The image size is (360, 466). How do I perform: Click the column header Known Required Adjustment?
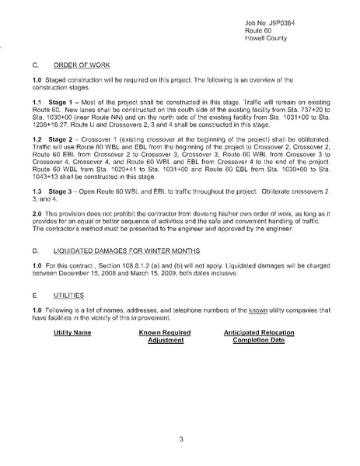click(165, 337)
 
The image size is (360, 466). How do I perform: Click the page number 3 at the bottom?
click(180, 440)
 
